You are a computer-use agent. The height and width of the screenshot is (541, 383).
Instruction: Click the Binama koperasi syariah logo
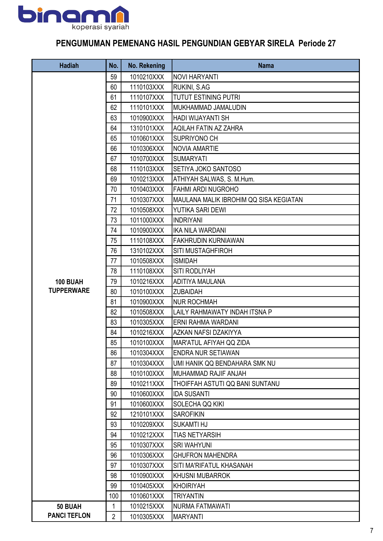(x=74, y=18)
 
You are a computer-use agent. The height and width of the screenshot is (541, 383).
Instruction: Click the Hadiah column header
(x=69, y=65)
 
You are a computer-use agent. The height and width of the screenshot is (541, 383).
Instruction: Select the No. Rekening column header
(x=146, y=65)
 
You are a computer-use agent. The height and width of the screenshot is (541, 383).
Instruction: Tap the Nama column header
(x=266, y=65)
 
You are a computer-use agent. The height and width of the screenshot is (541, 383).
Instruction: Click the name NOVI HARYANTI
(x=196, y=77)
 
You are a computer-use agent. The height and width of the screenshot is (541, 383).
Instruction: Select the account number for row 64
(x=147, y=128)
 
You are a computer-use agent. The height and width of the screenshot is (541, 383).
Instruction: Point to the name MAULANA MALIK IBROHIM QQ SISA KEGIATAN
(x=238, y=200)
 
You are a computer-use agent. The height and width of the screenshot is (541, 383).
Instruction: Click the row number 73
(x=114, y=220)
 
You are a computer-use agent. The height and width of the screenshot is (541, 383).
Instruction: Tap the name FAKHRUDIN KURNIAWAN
(x=208, y=240)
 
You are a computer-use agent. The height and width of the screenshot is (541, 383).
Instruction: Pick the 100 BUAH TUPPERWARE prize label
(x=69, y=286)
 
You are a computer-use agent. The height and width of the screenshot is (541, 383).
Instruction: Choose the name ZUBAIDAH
(x=188, y=292)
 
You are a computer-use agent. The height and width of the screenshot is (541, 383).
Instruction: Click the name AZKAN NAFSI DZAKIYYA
(x=207, y=332)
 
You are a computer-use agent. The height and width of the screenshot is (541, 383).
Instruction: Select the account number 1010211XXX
(x=147, y=384)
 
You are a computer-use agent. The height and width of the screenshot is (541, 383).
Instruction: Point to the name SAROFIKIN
(x=189, y=414)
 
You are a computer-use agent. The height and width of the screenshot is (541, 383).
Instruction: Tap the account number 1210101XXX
(x=147, y=414)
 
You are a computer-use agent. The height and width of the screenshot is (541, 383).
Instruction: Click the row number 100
(x=114, y=496)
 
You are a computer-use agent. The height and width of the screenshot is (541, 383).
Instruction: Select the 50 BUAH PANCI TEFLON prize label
(x=69, y=511)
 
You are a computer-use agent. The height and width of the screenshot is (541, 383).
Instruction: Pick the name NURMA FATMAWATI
(x=202, y=506)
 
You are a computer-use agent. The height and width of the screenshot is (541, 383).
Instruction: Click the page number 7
(x=372, y=531)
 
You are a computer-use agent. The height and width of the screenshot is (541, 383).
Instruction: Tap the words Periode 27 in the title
(x=317, y=43)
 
